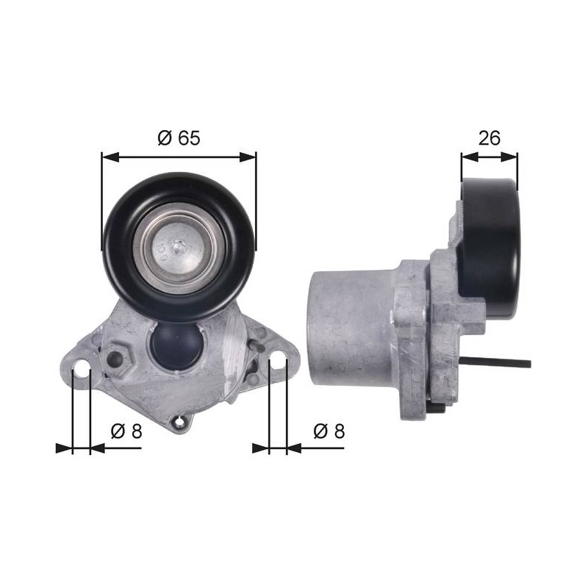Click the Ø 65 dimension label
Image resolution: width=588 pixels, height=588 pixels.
(179, 137)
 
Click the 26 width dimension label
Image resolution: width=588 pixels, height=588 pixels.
(489, 137)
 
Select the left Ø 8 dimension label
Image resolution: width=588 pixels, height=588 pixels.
(126, 431)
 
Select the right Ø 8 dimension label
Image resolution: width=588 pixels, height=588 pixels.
(329, 431)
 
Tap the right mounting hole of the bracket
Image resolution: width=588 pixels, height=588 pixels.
(278, 358)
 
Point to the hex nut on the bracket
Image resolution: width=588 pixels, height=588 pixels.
(117, 359)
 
